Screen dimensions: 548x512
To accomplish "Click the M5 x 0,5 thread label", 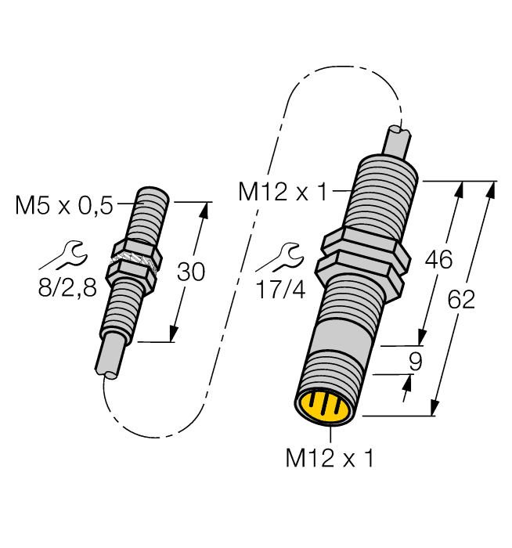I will coord(64,206).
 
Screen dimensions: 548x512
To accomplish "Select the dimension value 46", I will coord(438,260).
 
